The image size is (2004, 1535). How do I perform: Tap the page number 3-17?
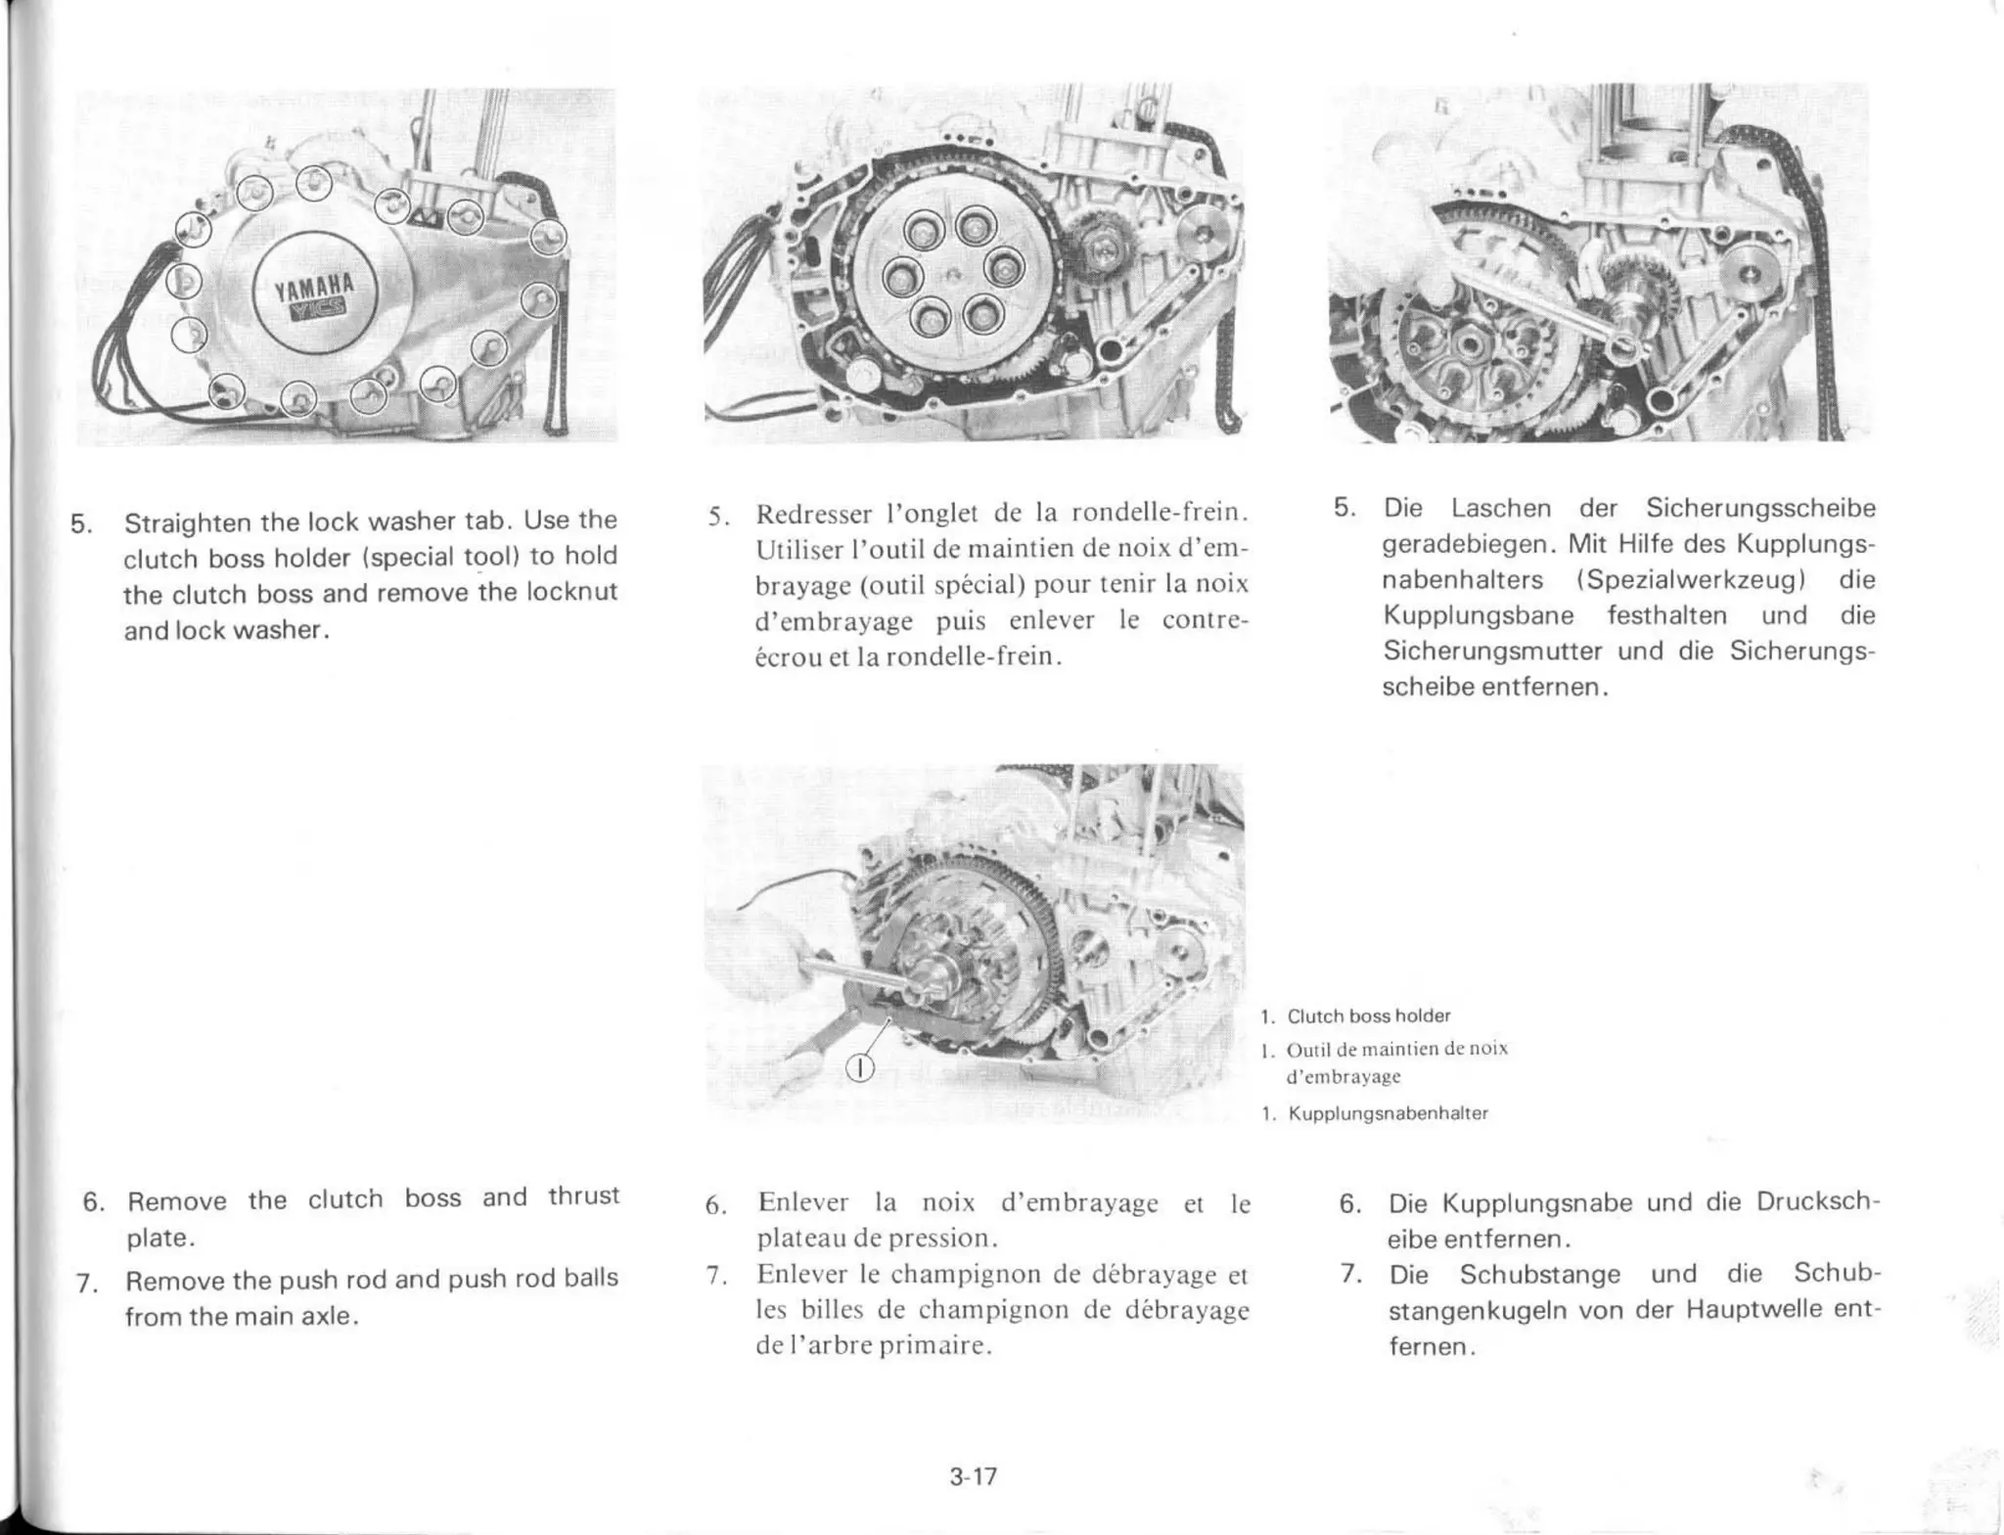973,1476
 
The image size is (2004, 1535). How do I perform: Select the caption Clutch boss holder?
1368,1016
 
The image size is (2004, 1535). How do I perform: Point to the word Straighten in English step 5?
186,520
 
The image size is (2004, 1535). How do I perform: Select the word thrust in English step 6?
583,1196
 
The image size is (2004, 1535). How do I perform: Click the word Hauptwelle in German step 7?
1740,1310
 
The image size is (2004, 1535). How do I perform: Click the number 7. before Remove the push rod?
90,1282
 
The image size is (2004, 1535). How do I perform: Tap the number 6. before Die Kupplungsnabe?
1350,1203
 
